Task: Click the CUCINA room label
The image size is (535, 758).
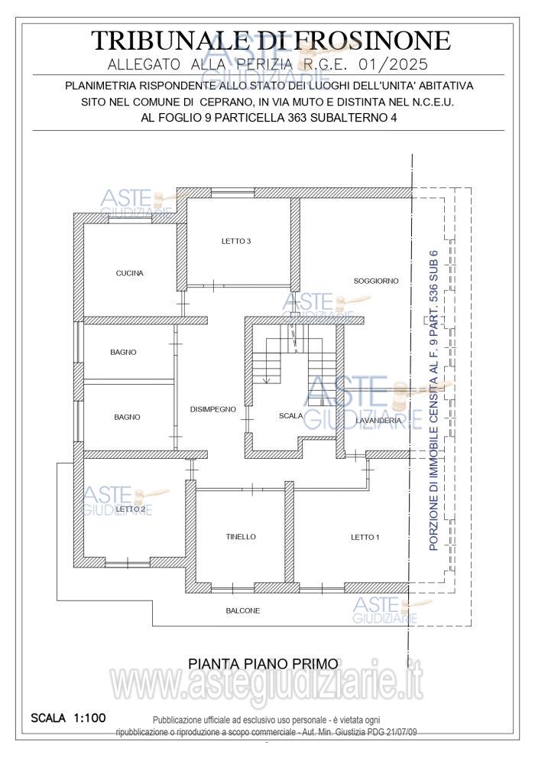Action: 129,273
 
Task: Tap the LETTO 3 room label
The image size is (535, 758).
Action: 236,241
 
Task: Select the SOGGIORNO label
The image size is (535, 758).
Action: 376,281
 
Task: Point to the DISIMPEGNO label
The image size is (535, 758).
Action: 213,409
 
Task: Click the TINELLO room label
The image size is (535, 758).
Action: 241,537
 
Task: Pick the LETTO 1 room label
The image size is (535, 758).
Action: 365,537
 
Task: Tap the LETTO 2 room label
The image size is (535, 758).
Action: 131,509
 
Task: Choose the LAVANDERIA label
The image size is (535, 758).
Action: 378,421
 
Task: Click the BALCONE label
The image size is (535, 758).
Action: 243,610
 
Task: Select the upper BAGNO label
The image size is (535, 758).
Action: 123,353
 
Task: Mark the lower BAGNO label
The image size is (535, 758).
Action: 127,417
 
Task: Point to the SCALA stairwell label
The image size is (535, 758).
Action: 290,416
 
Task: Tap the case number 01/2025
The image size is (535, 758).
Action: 393,64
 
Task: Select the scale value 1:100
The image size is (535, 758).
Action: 89,718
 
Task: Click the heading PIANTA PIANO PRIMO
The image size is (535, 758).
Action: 263,664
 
